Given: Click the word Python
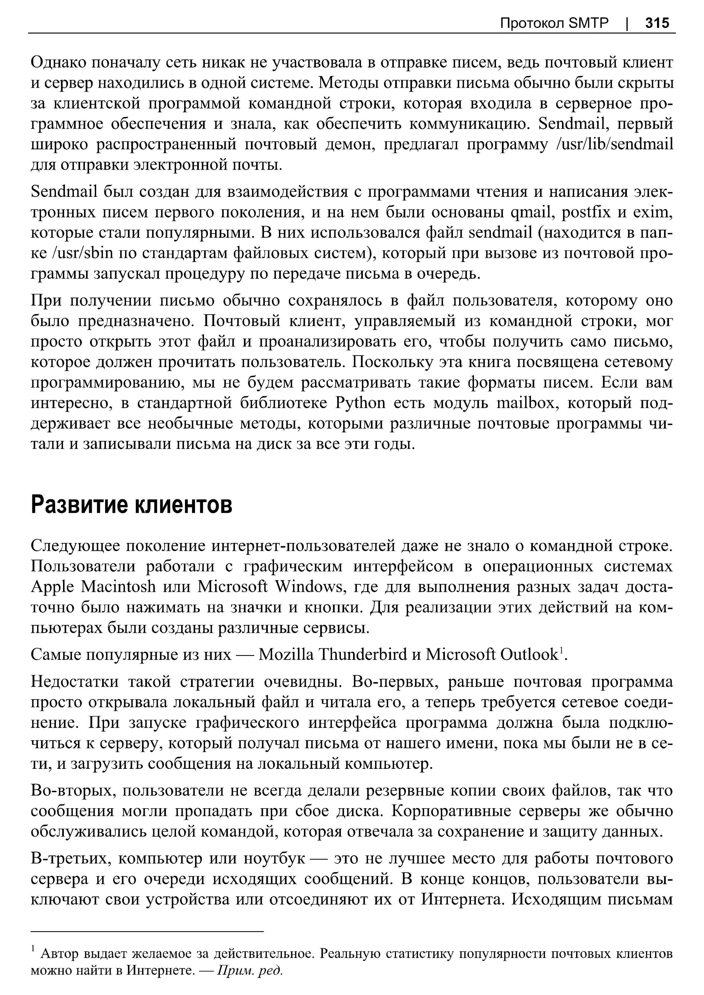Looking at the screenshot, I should tap(360, 403).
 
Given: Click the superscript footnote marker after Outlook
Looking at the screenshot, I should tap(561, 650).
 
